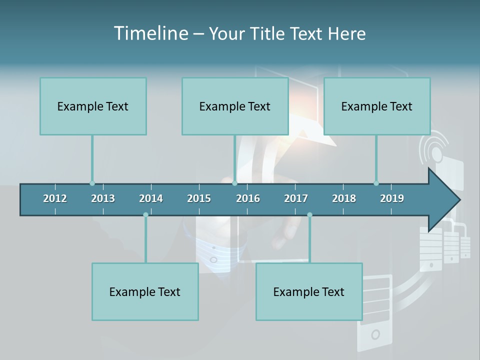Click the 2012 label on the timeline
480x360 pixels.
coord(55,198)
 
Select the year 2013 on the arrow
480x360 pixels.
coord(103,198)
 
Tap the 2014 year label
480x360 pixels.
coord(151,198)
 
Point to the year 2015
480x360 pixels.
coord(199,198)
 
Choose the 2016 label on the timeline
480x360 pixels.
coord(248,198)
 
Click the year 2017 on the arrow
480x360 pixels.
coord(296,198)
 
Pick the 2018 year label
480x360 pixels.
coord(344,198)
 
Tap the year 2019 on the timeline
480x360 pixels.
coord(392,198)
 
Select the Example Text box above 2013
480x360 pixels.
coord(93,106)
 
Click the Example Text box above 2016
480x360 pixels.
coord(235,106)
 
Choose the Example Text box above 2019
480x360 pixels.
coord(377,106)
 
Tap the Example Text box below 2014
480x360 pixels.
coord(145,291)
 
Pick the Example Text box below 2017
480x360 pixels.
coord(309,291)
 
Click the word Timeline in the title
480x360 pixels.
coord(150,33)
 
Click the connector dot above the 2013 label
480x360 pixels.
coord(92,183)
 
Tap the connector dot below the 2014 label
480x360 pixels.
coord(145,214)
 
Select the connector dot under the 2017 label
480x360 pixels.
coord(309,214)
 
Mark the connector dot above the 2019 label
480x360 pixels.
coord(376,183)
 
